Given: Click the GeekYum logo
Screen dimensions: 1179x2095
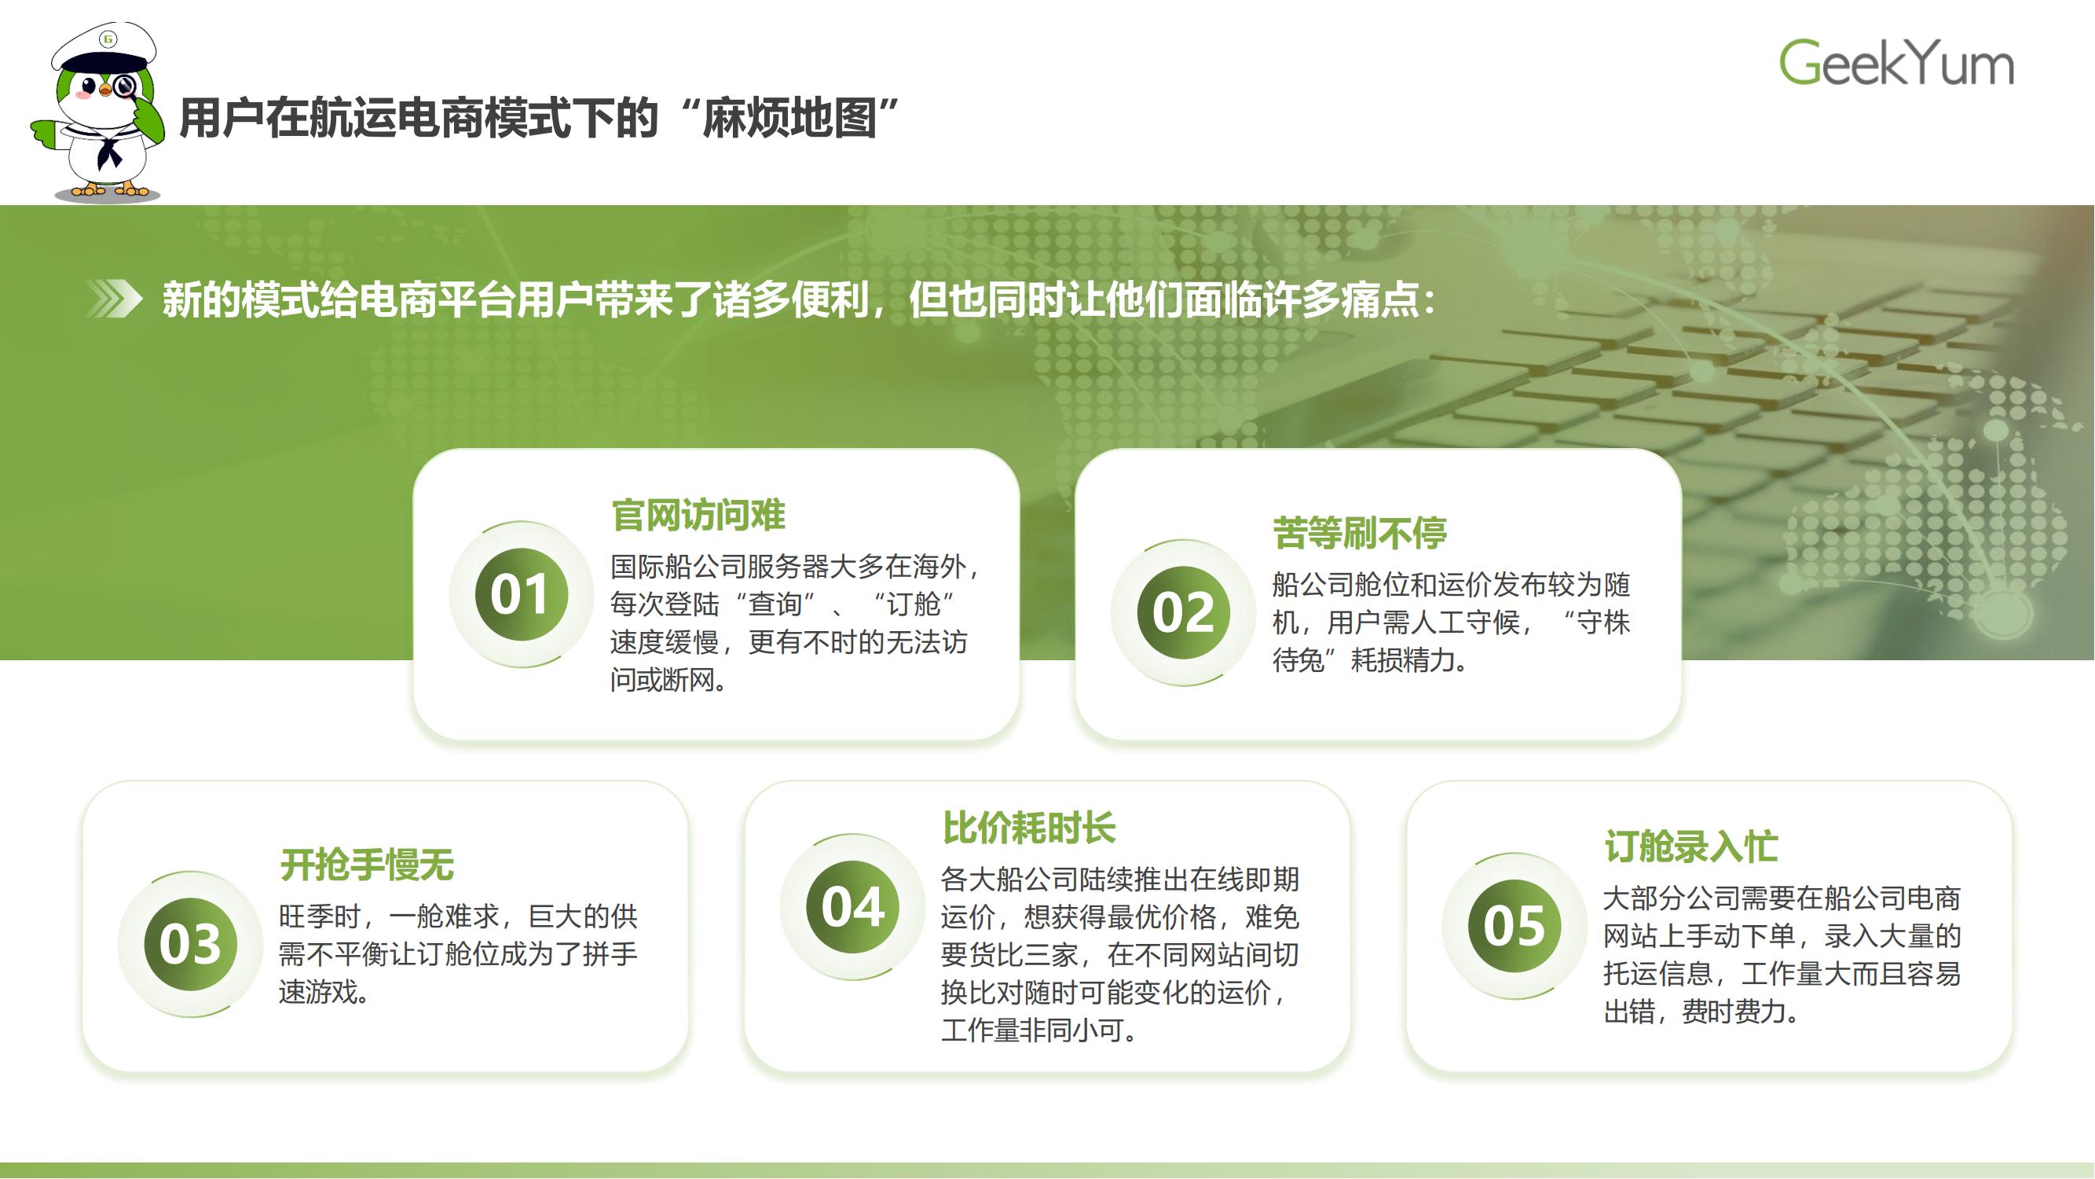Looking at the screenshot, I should [1895, 63].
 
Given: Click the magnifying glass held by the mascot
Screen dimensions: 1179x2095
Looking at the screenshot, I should [125, 86].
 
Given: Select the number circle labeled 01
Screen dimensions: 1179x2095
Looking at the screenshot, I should [522, 594].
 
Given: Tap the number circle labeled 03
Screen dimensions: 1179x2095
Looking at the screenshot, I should [190, 944].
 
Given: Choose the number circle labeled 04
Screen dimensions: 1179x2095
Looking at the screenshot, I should [852, 906].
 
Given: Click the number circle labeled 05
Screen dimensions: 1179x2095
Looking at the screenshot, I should [1514, 925].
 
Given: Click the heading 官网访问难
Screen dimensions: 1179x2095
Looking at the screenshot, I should [698, 515].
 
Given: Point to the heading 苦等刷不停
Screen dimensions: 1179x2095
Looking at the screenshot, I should [1360, 534].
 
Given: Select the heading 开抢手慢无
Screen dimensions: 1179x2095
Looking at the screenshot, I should [367, 864].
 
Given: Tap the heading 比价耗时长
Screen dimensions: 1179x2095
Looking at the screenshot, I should [1029, 828].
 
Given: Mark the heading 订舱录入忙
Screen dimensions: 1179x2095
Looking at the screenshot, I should [1690, 847].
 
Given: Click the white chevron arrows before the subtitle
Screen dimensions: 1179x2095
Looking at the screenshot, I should [115, 299].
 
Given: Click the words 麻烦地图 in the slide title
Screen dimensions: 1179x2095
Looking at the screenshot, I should [789, 119].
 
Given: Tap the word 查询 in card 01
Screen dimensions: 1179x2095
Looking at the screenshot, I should [775, 604].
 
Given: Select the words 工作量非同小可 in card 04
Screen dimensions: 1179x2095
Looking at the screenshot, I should [1033, 1030].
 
